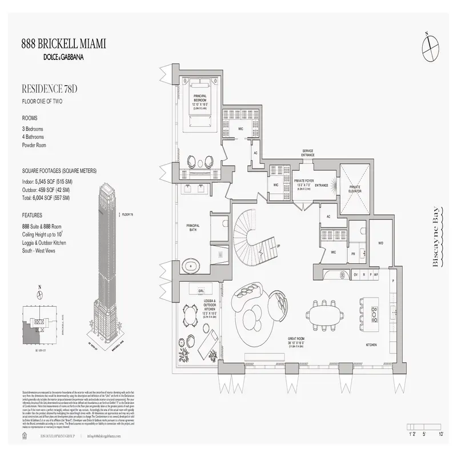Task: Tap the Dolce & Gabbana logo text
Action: pyautogui.click(x=63, y=57)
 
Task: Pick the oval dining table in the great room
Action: pyautogui.click(x=323, y=314)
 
